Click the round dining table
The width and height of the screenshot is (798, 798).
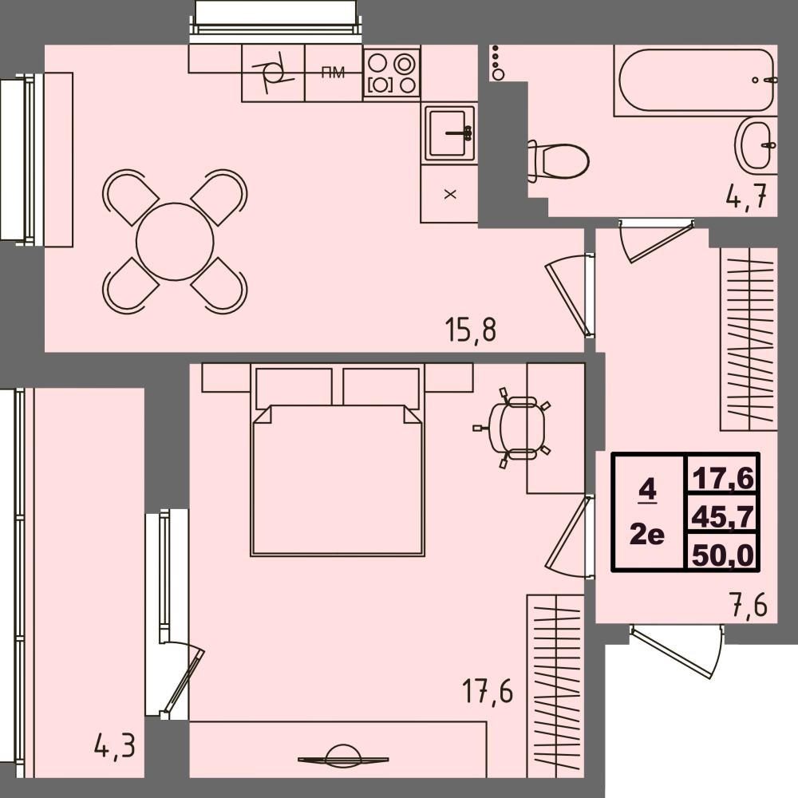175,241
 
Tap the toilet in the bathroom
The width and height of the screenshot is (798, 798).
561,161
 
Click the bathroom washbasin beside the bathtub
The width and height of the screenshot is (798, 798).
755,144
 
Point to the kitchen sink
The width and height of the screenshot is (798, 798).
449,132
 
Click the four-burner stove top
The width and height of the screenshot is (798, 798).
392,73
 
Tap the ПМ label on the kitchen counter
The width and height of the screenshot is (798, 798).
333,73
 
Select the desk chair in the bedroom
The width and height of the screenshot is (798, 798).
516,428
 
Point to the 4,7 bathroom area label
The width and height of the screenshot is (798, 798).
750,196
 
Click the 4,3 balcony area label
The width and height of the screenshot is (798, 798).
114,748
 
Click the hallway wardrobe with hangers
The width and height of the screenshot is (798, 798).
748,338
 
